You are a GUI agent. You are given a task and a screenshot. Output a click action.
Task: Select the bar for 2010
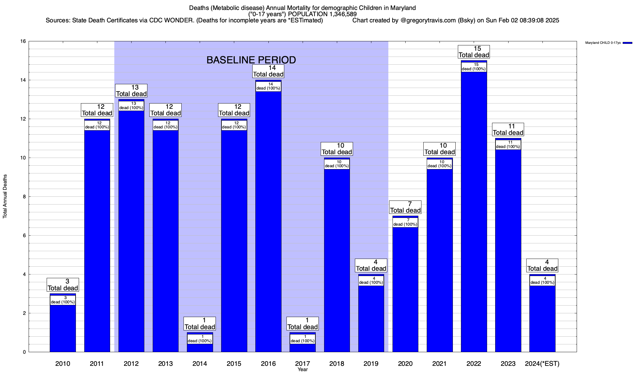click(63, 329)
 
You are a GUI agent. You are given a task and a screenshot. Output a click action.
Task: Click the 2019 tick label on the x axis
click(371, 363)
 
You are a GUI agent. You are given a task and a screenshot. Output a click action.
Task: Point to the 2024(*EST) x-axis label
click(542, 363)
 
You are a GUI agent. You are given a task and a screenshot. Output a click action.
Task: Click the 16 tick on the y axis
click(23, 41)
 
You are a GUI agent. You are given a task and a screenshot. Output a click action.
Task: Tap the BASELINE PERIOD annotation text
click(251, 60)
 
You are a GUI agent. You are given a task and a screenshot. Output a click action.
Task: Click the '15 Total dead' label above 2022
click(474, 52)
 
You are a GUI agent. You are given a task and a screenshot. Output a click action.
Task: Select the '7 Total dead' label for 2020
click(405, 207)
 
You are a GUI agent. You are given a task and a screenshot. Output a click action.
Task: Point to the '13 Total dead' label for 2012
click(131, 91)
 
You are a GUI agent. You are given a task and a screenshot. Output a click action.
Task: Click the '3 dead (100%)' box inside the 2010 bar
click(63, 300)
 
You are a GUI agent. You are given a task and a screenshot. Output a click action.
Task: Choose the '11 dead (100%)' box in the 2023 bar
click(508, 145)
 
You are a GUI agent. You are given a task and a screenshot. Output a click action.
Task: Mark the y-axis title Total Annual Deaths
click(5, 196)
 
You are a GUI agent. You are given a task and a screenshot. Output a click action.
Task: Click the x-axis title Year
click(302, 370)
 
